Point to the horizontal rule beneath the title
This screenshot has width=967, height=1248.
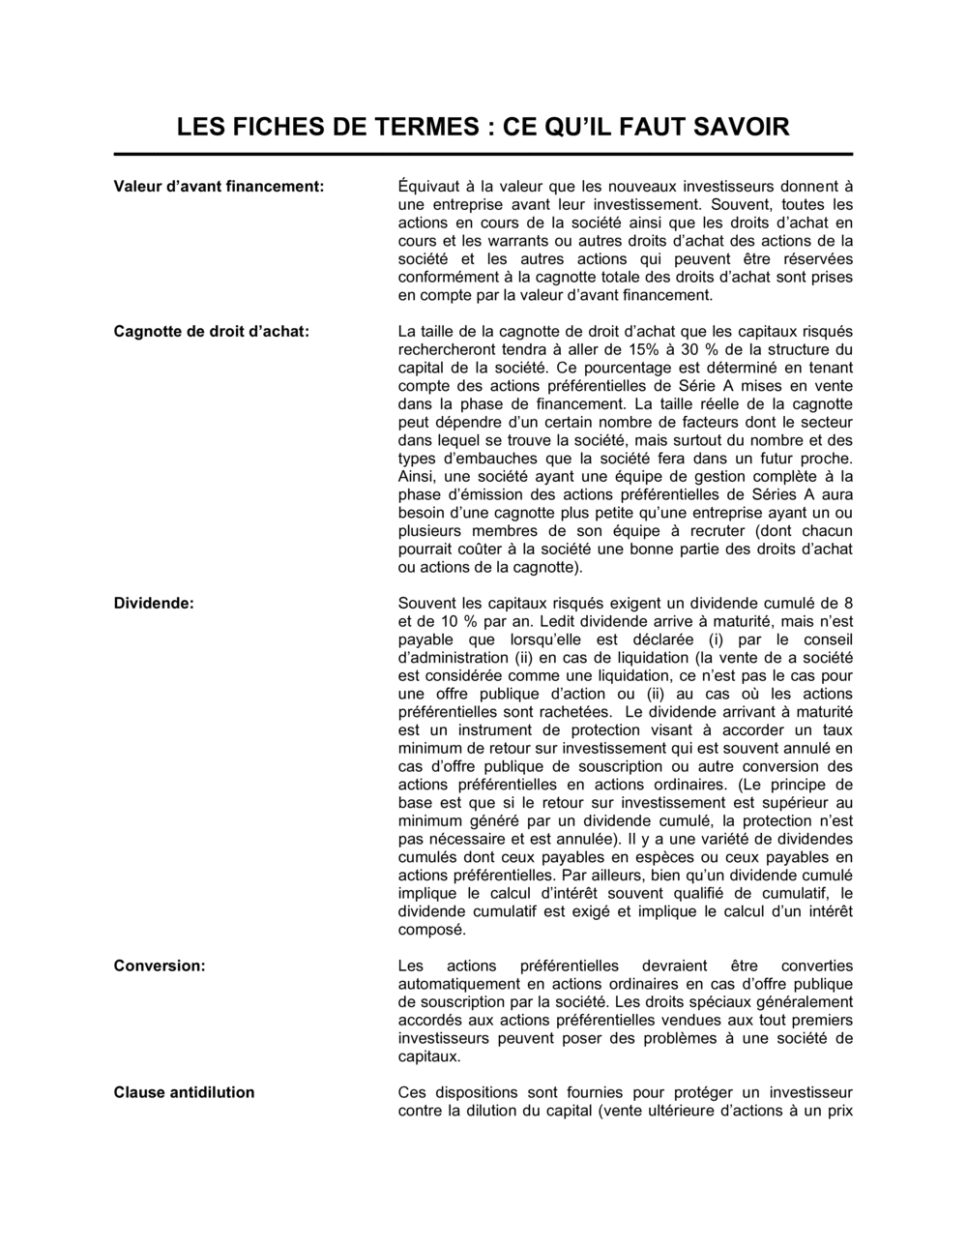[x=483, y=154]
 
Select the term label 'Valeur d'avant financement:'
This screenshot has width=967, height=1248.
[x=219, y=186]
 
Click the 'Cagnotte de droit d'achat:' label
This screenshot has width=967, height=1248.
[x=211, y=332]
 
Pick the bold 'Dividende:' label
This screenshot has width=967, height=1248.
[x=154, y=603]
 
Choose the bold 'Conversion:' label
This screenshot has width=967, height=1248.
[x=160, y=966]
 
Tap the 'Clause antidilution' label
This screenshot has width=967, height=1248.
[x=184, y=1092]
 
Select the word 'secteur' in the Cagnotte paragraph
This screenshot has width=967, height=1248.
[x=826, y=423]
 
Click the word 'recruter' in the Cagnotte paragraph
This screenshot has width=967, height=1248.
[x=719, y=531]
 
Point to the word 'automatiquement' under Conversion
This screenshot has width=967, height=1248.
[x=458, y=984]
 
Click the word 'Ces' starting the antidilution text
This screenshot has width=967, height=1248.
[x=412, y=1092]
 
